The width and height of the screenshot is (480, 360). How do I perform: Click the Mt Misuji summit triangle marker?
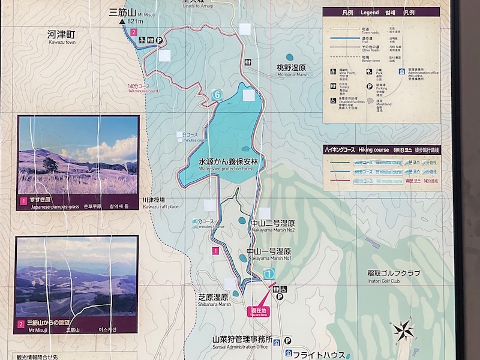click(122, 22)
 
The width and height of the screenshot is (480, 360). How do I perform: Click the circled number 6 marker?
click(217, 94)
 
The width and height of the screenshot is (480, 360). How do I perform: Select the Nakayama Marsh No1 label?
click(269, 254)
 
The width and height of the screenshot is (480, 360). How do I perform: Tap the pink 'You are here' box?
click(259, 311)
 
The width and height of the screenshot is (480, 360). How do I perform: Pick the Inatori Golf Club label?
click(394, 277)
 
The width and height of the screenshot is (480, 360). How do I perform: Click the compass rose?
click(404, 329)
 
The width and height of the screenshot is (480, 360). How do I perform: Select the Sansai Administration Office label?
click(240, 343)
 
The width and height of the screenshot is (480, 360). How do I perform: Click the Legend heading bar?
click(382, 11)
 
